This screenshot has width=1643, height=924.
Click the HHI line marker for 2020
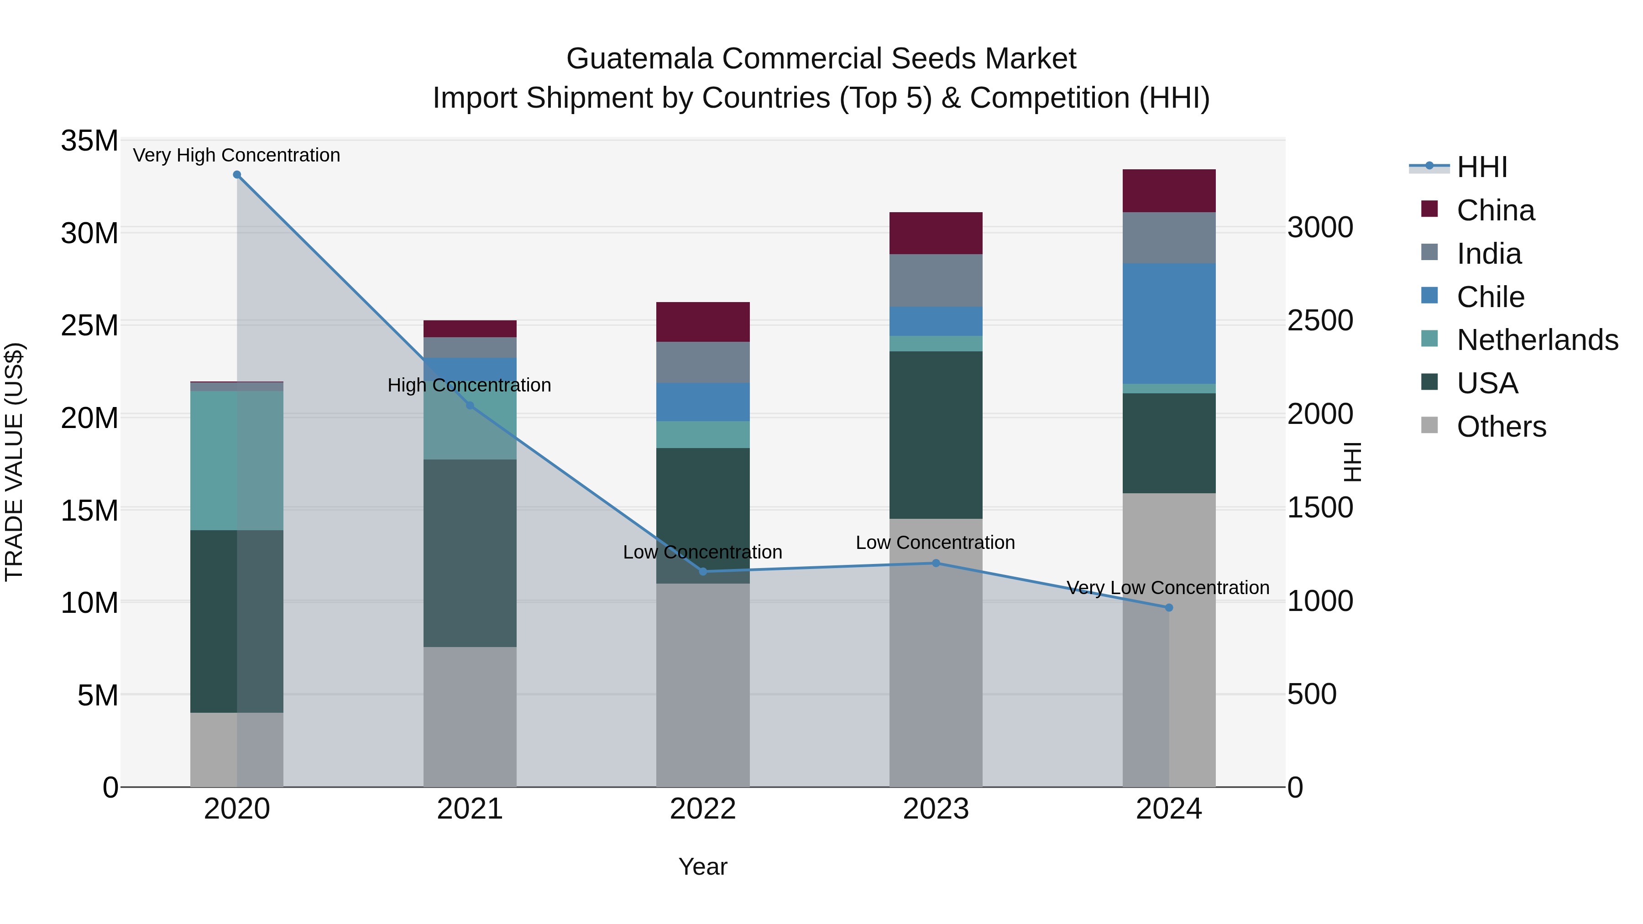pos(236,175)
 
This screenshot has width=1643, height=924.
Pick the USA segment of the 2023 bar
pos(936,435)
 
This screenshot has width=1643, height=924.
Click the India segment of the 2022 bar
pos(703,362)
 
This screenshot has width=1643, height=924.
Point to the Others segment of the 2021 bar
pos(470,717)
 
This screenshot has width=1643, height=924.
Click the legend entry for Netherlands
pos(1537,340)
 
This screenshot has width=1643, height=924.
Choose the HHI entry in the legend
pos(1481,167)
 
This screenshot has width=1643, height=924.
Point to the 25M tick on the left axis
pos(89,325)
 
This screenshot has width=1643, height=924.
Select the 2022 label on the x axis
pos(703,809)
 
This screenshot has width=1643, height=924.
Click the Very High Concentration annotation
pos(236,155)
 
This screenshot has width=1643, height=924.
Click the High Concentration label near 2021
pos(470,385)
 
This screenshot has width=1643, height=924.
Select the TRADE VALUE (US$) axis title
pos(14,462)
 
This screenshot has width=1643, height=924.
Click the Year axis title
pos(703,867)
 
